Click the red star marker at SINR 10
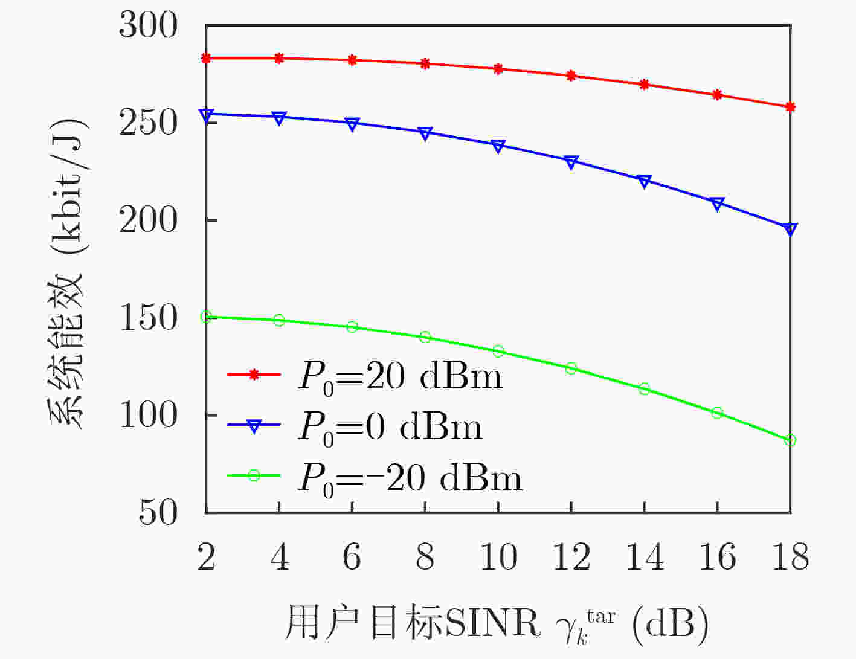(498, 68)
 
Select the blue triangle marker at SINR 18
(790, 229)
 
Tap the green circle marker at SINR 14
(644, 389)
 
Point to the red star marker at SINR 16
(717, 95)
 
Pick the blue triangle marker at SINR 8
(425, 133)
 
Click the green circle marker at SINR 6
(352, 327)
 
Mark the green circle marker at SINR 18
(790, 440)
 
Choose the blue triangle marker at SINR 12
(571, 162)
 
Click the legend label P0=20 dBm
(401, 376)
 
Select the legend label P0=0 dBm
(390, 428)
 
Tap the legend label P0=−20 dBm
(410, 478)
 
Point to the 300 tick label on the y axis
(148, 25)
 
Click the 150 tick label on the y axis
(148, 318)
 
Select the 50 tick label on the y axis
(158, 512)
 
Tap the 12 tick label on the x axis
(571, 556)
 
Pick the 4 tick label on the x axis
(280, 556)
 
